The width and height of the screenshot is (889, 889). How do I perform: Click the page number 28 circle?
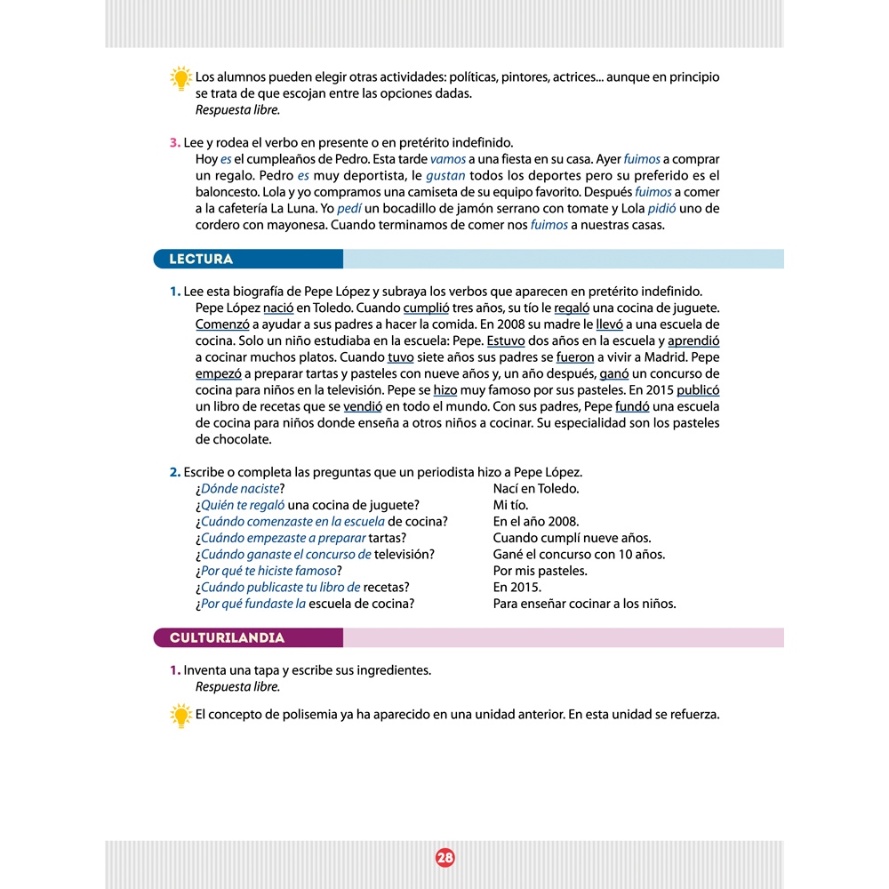click(x=444, y=857)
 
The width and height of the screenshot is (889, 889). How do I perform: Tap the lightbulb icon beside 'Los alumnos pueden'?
click(x=180, y=78)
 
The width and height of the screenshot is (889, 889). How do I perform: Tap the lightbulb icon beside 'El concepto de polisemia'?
click(x=180, y=715)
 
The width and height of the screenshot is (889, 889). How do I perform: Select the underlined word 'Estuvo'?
click(x=506, y=340)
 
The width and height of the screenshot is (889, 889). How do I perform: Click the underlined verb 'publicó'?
click(x=698, y=389)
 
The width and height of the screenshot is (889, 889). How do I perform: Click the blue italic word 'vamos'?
click(x=447, y=159)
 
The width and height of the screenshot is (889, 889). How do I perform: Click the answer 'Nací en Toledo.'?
click(x=535, y=489)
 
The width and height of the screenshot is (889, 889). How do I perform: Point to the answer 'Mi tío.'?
click(x=510, y=506)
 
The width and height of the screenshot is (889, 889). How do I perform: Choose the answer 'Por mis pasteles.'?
click(x=540, y=571)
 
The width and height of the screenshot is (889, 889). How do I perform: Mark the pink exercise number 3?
click(x=175, y=143)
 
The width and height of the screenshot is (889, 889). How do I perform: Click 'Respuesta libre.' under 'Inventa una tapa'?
click(x=237, y=686)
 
